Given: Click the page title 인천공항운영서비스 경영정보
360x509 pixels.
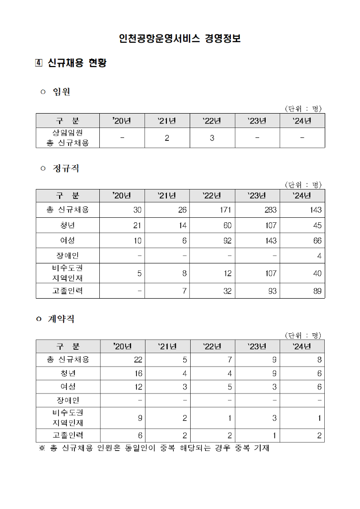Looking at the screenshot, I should [180, 39].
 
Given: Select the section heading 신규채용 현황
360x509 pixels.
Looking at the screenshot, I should [77, 64].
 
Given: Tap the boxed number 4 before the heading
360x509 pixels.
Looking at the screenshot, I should [39, 64].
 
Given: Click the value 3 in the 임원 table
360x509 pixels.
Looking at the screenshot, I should [212, 138].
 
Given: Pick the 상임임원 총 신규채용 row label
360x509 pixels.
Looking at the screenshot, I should [68, 138].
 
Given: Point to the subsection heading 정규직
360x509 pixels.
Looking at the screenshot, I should [66, 169].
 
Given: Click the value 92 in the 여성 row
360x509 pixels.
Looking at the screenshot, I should [227, 241].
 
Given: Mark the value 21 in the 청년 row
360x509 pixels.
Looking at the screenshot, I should [137, 226].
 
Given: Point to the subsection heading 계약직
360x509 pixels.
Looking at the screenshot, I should [64, 319].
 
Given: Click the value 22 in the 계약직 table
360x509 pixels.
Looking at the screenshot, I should [138, 360].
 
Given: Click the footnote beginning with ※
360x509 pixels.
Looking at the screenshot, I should [154, 448].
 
